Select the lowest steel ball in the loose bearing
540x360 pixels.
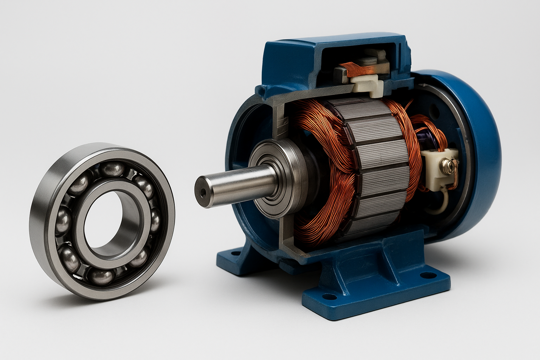click(102, 276)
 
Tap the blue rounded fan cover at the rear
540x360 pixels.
click(482, 148)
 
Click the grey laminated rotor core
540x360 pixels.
click(373, 169)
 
